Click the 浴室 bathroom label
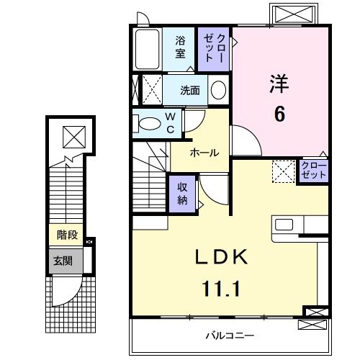181,48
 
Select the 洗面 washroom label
190,91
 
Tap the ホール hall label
205,153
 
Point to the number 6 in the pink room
279,114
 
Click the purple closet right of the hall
314,171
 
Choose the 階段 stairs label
68,235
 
